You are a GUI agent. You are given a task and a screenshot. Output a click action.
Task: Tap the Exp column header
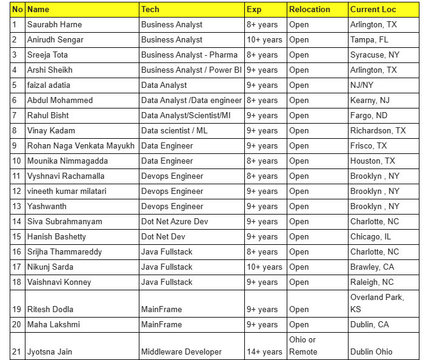pos(255,10)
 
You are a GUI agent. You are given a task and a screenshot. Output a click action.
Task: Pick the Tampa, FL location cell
pos(369,40)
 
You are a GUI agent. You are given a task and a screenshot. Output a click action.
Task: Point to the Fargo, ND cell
pos(369,116)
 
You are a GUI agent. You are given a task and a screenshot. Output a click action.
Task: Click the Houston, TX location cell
pos(372,161)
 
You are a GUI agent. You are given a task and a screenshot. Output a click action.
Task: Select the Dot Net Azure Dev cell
pos(175,222)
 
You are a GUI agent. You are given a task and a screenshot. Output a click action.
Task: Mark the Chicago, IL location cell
pos(370,237)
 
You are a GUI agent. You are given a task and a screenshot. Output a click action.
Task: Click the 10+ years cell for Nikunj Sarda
pos(264,267)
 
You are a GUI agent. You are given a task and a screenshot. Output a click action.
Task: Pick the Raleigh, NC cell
pos(372,282)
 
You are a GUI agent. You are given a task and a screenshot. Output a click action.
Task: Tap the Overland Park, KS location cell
pos(377,302)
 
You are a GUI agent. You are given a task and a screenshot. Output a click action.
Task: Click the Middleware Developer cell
pos(181,352)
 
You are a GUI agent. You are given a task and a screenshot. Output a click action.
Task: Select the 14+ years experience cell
pos(264,352)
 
